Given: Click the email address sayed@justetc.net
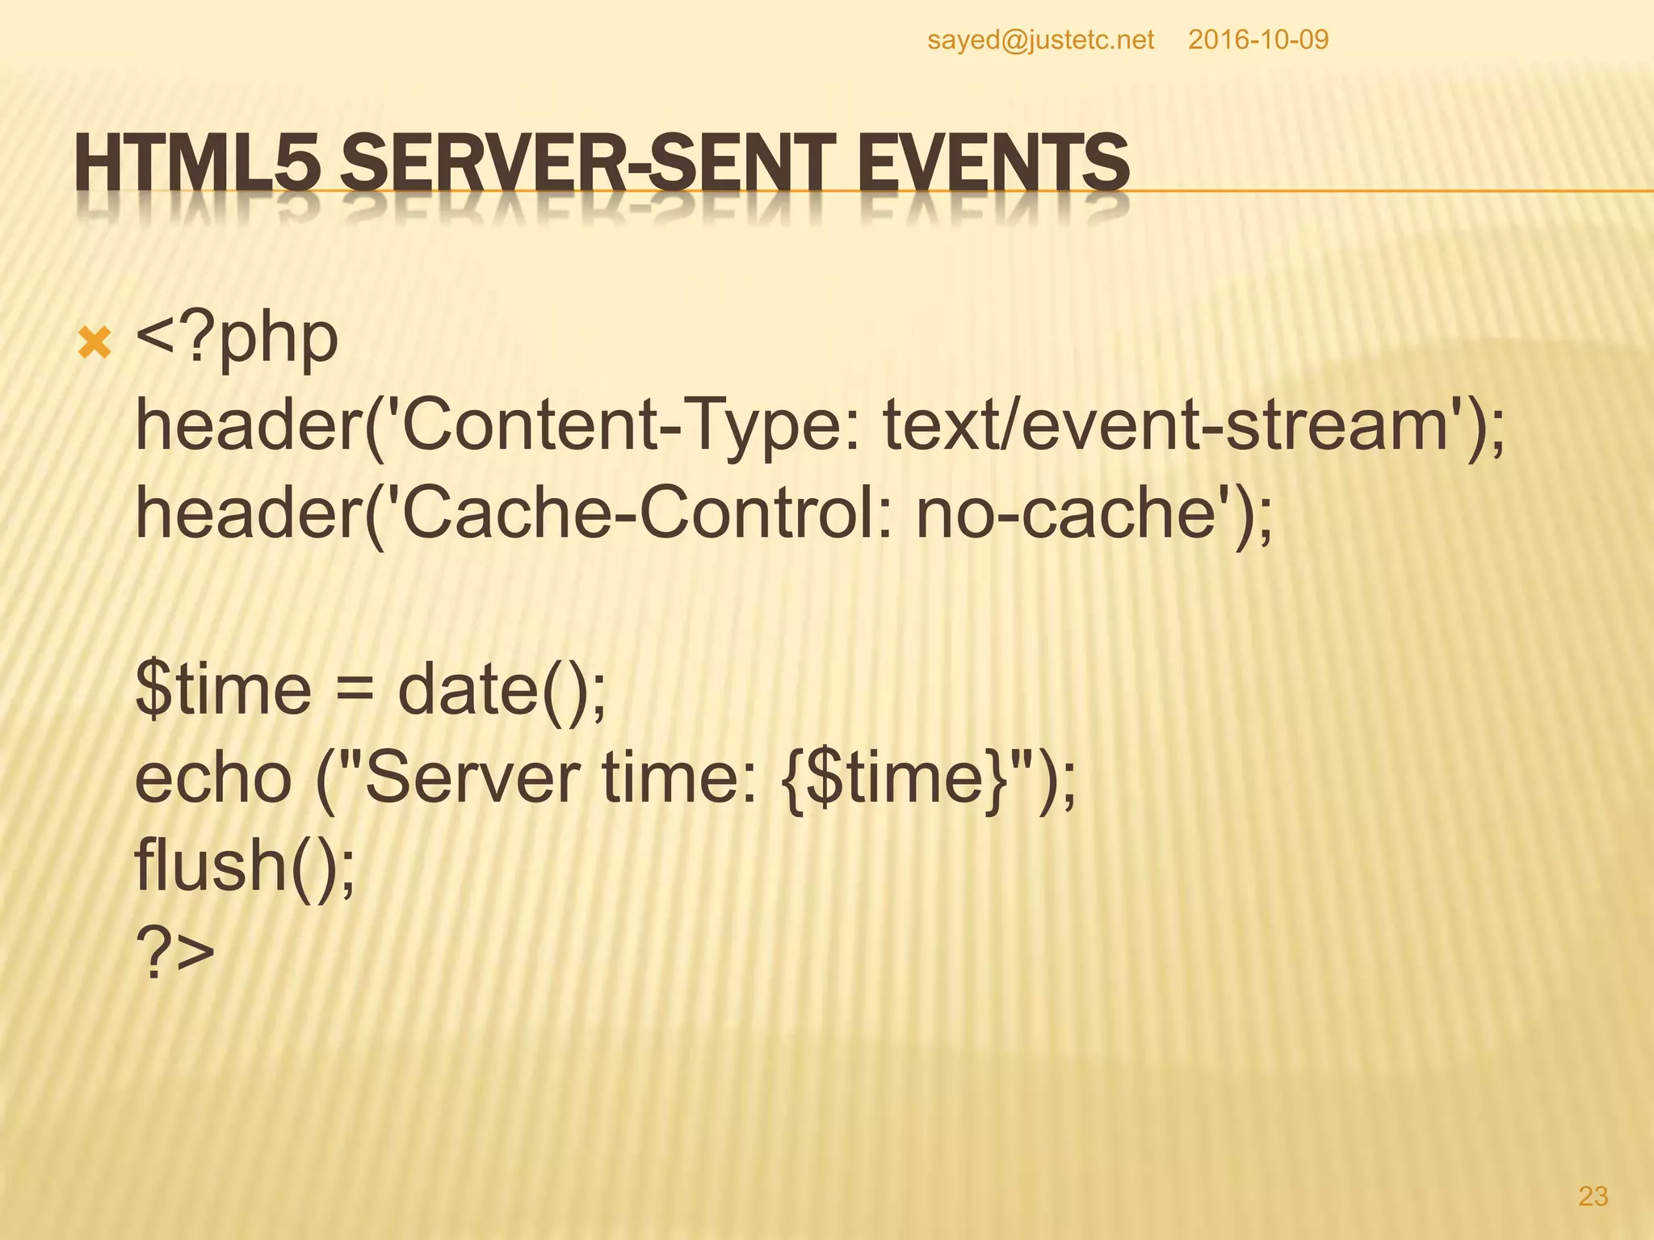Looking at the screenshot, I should coord(1040,40).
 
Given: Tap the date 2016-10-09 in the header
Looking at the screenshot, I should coord(1257,40).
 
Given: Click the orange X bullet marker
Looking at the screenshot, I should coord(94,345).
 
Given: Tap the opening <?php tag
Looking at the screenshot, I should coord(237,339).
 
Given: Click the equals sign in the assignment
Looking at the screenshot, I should coord(354,691).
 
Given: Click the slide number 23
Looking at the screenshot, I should coord(1593,1196).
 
